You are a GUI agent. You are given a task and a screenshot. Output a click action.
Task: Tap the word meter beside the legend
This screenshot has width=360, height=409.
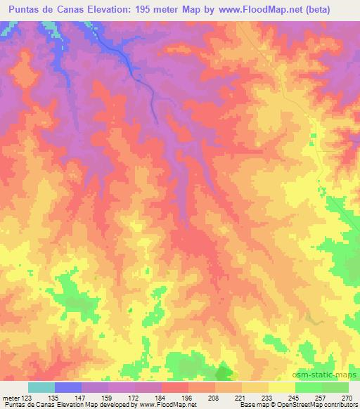click(x=11, y=398)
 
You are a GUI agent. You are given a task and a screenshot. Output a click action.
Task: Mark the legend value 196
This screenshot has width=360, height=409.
click(x=188, y=398)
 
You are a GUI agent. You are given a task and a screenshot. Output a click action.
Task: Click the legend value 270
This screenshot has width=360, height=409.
click(x=346, y=398)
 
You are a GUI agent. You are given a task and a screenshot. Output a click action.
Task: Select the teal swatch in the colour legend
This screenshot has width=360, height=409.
click(x=41, y=387)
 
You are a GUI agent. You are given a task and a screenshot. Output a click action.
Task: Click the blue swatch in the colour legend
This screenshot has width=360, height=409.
click(x=68, y=387)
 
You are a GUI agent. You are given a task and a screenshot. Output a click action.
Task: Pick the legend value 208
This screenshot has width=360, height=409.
click(x=214, y=398)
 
